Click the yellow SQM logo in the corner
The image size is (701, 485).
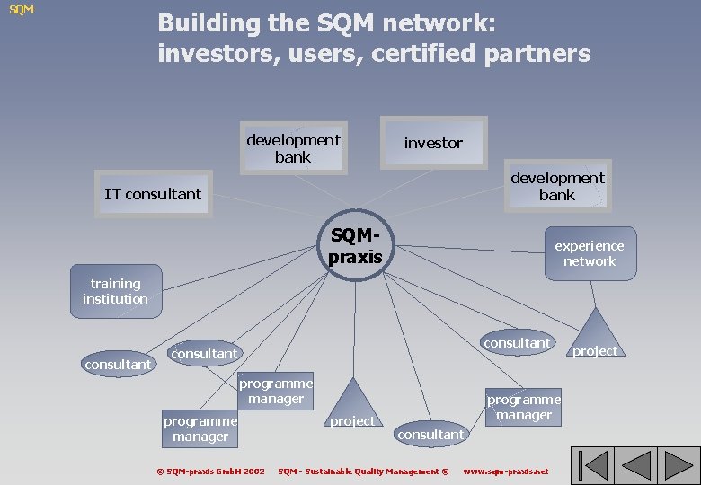click(22, 10)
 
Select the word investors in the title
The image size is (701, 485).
click(217, 54)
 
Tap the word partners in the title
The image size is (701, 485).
click(538, 54)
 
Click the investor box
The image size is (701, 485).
click(433, 143)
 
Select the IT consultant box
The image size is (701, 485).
click(154, 194)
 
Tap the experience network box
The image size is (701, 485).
click(589, 252)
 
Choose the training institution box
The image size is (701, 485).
click(116, 291)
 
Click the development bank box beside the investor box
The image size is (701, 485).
click(293, 148)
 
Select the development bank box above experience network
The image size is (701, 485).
click(557, 186)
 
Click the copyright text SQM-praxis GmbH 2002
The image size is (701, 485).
click(210, 471)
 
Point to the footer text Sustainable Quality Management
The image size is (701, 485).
click(363, 471)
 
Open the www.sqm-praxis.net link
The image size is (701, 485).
click(505, 471)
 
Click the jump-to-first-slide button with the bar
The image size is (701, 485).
click(592, 465)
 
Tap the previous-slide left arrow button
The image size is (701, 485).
click(635, 465)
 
